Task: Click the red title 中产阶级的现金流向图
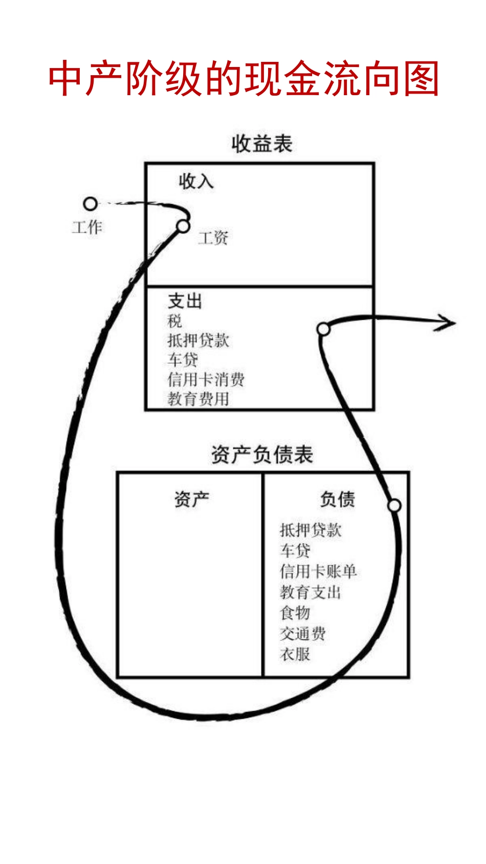(244, 79)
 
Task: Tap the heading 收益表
(262, 144)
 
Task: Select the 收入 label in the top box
(196, 181)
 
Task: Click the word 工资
(213, 238)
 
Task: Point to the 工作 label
(87, 227)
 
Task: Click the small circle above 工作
(91, 204)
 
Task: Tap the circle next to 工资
(183, 226)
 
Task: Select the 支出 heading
(185, 301)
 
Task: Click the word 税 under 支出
(174, 321)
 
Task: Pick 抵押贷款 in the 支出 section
(198, 340)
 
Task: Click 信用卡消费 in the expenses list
(206, 379)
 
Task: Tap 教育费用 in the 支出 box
(198, 398)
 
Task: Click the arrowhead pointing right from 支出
(447, 323)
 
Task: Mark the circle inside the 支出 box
(323, 329)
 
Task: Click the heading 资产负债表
(262, 455)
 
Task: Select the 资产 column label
(191, 499)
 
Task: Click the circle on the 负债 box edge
(394, 505)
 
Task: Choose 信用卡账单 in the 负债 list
(318, 571)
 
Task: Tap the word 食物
(295, 612)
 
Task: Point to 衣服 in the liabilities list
(295, 654)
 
